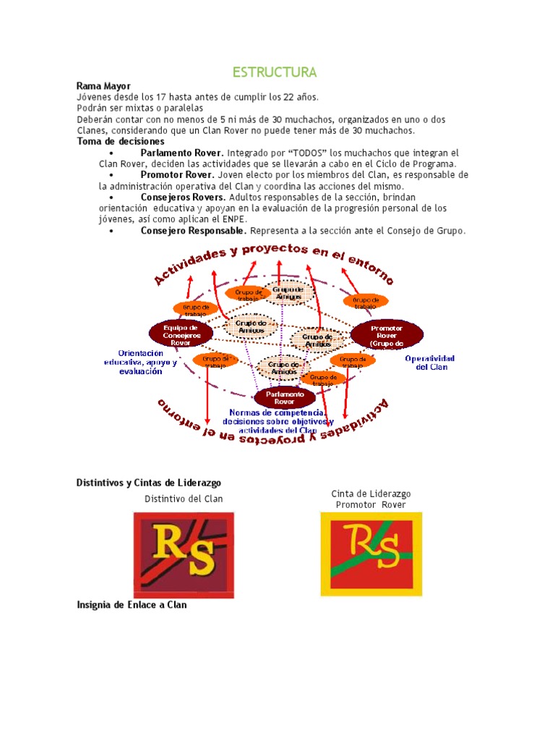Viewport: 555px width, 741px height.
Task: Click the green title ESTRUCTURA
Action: pyautogui.click(x=274, y=73)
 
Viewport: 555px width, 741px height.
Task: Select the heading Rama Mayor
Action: pyautogui.click(x=103, y=86)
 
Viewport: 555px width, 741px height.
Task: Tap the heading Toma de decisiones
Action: pyautogui.click(x=120, y=142)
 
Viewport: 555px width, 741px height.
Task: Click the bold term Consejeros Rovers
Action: pyautogui.click(x=184, y=198)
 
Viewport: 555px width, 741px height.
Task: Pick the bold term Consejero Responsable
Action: pyautogui.click(x=194, y=231)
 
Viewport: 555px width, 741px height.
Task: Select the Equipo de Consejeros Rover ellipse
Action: pyautogui.click(x=181, y=333)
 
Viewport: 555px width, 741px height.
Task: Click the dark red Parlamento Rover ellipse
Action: pyautogui.click(x=285, y=397)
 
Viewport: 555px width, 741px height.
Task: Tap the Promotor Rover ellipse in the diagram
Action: pyautogui.click(x=387, y=334)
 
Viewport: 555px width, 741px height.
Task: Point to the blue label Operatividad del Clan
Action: pyautogui.click(x=429, y=363)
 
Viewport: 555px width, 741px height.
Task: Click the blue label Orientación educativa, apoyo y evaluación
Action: pyautogui.click(x=139, y=363)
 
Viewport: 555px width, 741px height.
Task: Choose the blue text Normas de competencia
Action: pyautogui.click(x=278, y=413)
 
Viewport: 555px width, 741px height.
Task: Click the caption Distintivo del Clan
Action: pyautogui.click(x=184, y=499)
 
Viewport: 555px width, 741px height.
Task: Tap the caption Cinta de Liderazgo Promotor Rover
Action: pyautogui.click(x=371, y=499)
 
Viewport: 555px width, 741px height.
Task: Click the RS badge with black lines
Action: pyautogui.click(x=184, y=554)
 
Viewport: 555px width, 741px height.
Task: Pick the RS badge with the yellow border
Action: pyautogui.click(x=370, y=554)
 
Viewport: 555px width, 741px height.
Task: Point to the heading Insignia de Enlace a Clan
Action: pyautogui.click(x=132, y=604)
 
